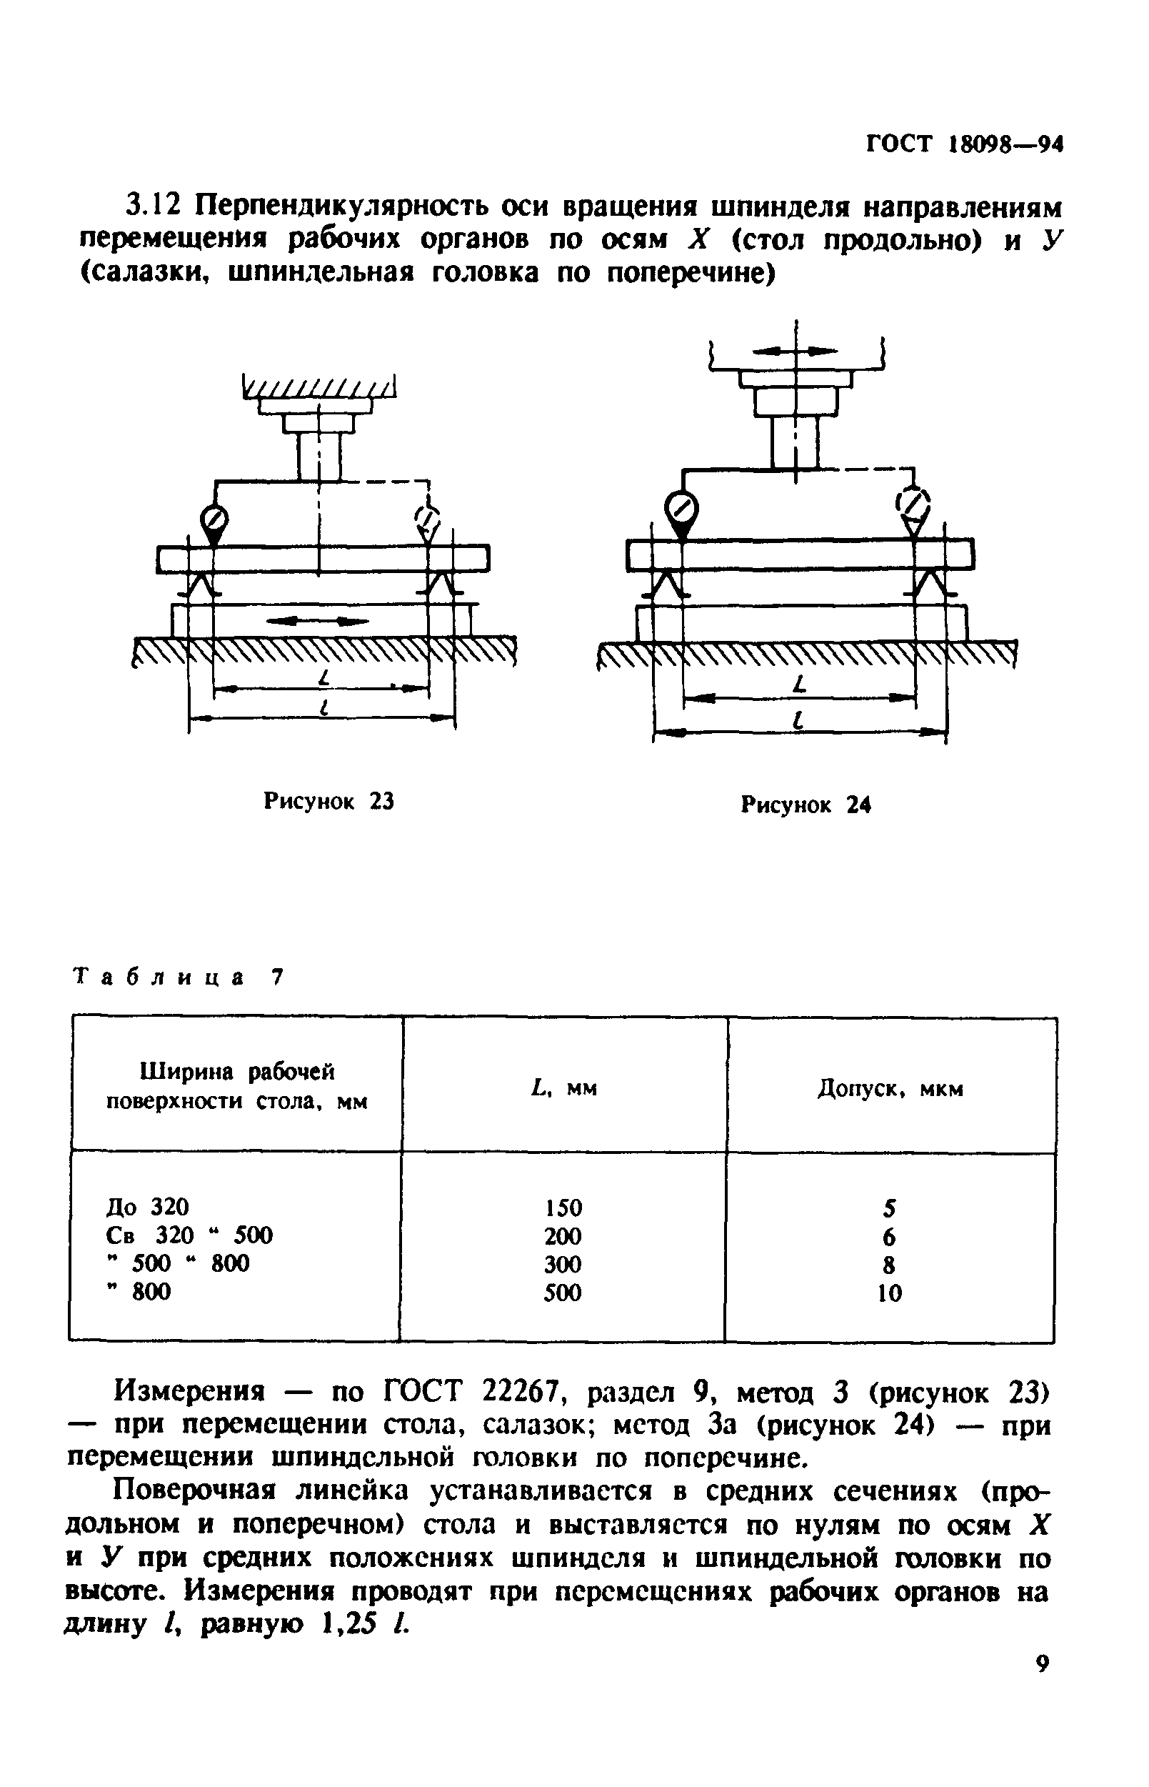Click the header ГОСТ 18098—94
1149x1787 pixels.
pyautogui.click(x=963, y=144)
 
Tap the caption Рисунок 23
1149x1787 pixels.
pyautogui.click(x=329, y=801)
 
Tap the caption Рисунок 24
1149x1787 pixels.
pyautogui.click(x=806, y=805)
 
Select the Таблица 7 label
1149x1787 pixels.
pyautogui.click(x=179, y=977)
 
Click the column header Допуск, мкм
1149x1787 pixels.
pyautogui.click(x=890, y=1089)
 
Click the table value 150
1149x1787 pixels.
pyautogui.click(x=563, y=1208)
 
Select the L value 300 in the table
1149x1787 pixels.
pyautogui.click(x=563, y=1264)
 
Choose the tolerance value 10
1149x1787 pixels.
pyautogui.click(x=889, y=1293)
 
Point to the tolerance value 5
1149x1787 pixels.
pyautogui.click(x=889, y=1208)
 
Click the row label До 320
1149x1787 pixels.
pyautogui.click(x=148, y=1207)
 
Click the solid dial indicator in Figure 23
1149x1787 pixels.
pyautogui.click(x=214, y=518)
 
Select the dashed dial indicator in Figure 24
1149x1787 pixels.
pyautogui.click(x=913, y=504)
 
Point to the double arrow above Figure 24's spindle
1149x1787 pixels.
pyautogui.click(x=796, y=350)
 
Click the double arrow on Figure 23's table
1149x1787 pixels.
pyautogui.click(x=318, y=619)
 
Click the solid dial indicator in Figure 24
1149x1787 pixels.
pyautogui.click(x=681, y=509)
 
